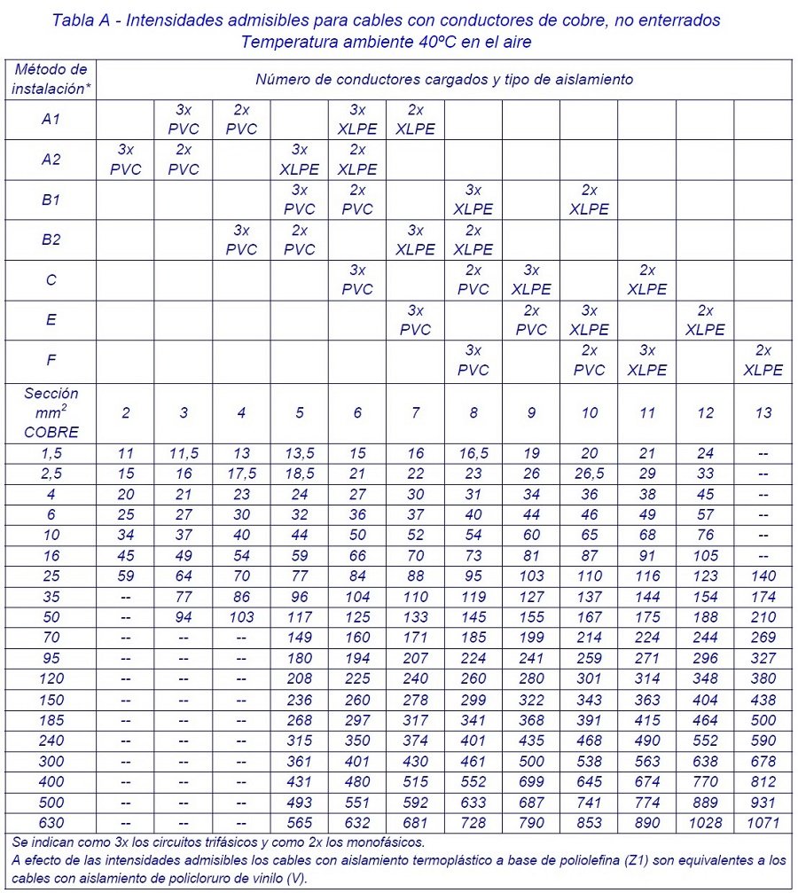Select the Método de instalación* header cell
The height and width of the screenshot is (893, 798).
tap(51, 79)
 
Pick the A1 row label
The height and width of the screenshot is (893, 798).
tap(51, 120)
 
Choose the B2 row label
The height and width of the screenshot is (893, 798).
tap(51, 239)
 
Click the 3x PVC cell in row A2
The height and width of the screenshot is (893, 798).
tap(126, 160)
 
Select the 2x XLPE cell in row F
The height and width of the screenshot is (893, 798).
tap(763, 360)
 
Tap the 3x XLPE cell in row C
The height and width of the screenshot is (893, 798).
tap(531, 279)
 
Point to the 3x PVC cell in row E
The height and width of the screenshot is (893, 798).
tap(415, 320)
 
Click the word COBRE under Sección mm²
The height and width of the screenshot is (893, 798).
tap(51, 433)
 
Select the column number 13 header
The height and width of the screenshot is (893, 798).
tap(763, 412)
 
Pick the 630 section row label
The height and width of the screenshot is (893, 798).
tap(51, 821)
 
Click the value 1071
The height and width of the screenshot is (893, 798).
tap(763, 821)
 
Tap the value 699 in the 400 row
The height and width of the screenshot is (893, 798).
tap(531, 781)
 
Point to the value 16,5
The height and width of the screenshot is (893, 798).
tap(473, 453)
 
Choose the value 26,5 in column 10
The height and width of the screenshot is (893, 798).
tap(589, 474)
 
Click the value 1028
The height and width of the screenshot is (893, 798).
tap(706, 821)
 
